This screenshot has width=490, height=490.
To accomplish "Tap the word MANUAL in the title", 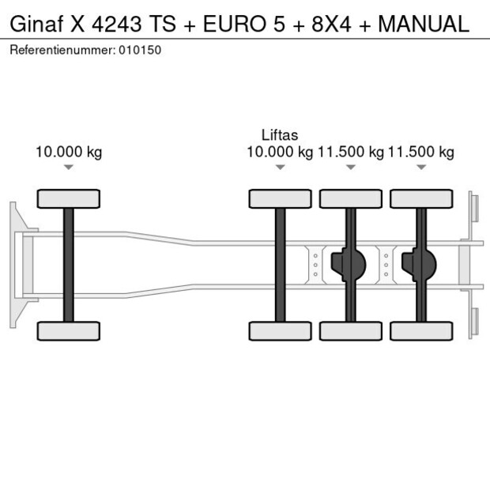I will (423, 24).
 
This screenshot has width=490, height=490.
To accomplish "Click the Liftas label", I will (280, 135).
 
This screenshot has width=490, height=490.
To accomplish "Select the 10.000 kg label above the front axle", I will (69, 152).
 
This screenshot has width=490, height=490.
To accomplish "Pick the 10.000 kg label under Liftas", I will (280, 152).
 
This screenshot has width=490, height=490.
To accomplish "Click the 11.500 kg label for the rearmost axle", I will (421, 152).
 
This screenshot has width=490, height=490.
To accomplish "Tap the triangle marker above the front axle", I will (69, 167).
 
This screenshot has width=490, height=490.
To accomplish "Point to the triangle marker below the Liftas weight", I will (280, 167).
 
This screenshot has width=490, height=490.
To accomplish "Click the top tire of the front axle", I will (69, 198).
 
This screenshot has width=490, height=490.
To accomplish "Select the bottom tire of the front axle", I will (69, 330).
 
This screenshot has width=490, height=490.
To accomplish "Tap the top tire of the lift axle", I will (280, 198).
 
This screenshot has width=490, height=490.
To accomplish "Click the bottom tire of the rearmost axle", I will (421, 330).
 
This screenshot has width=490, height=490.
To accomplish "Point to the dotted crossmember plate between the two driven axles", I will (386, 265).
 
